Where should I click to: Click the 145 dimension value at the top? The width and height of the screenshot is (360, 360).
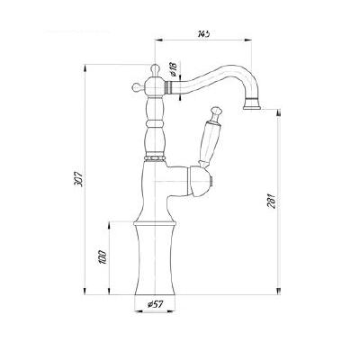(203, 33)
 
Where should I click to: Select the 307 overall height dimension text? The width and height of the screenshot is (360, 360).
(79, 179)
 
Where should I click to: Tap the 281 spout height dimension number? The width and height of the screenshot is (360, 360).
(273, 202)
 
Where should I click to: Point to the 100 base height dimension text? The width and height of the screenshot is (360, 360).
(103, 256)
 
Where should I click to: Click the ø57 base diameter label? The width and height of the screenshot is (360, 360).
(155, 304)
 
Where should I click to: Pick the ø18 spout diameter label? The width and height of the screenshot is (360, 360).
(173, 69)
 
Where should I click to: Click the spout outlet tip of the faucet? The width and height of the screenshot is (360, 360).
(252, 106)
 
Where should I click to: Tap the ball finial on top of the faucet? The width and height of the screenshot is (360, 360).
(154, 67)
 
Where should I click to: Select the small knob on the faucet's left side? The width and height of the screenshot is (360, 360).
(136, 88)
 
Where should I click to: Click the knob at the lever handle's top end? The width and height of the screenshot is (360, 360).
(217, 112)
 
